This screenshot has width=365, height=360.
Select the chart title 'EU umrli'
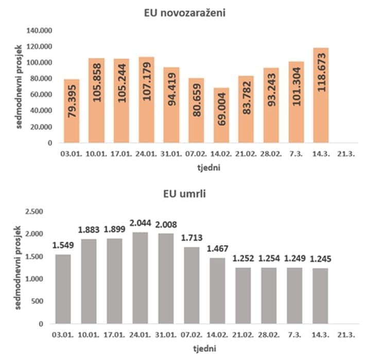[183, 196]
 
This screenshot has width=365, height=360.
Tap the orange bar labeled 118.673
[321, 95]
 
